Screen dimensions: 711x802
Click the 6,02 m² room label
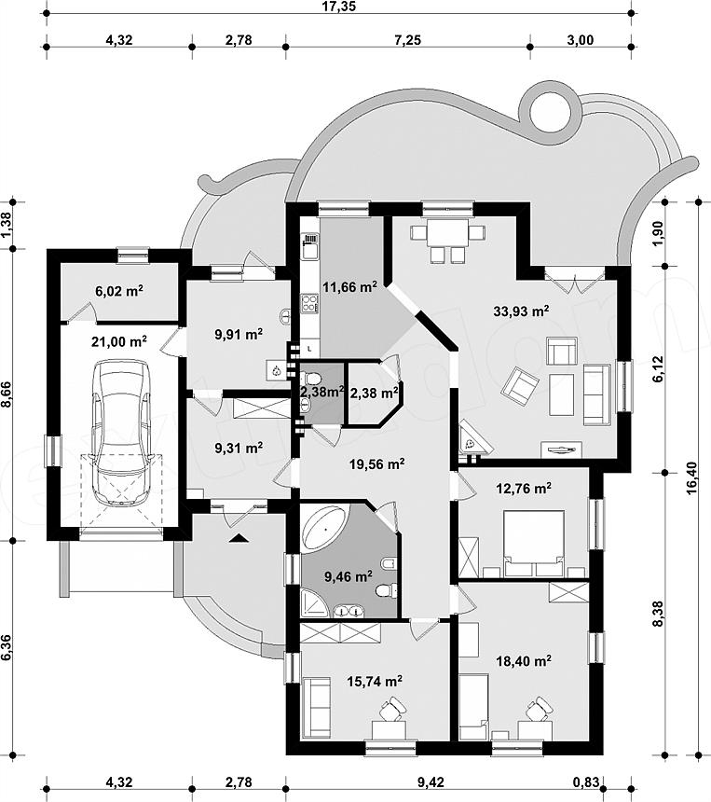tap(119, 291)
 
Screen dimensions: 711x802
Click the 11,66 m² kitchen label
tap(349, 287)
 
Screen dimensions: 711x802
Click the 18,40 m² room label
tap(524, 660)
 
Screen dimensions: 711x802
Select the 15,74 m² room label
tap(376, 682)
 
